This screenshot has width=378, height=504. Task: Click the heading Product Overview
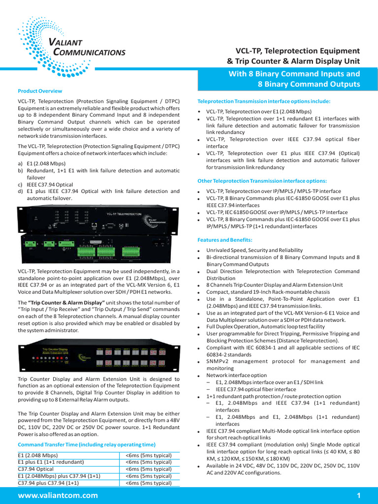point(40,91)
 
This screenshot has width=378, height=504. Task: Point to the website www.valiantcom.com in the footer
point(58,495)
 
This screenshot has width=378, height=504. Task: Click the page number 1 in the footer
point(359,495)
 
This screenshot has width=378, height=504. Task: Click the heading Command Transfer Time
point(86,444)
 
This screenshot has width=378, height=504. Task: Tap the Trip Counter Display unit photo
point(98,356)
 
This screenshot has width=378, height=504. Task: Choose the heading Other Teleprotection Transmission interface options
point(262,181)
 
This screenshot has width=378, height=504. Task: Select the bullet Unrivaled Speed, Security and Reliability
point(254,251)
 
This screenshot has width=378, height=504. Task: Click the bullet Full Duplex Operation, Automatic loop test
point(265,326)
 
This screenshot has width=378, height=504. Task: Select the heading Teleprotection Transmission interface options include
point(264,101)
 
